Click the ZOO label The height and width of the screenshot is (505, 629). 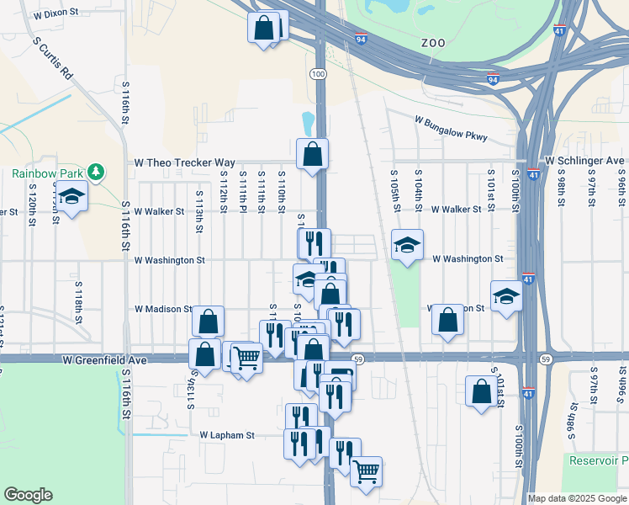(x=433, y=41)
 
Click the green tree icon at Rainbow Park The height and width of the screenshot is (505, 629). (x=97, y=172)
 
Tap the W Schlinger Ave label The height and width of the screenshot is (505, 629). (x=584, y=160)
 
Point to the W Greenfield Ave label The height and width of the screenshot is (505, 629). (x=104, y=359)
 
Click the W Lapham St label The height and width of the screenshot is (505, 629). (x=227, y=435)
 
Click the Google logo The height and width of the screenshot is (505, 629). (x=28, y=495)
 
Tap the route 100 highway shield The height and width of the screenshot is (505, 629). (x=317, y=75)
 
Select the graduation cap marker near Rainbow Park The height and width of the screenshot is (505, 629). (x=72, y=196)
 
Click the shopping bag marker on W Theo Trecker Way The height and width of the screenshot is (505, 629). (x=312, y=154)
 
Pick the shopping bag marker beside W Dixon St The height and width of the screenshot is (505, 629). (x=263, y=28)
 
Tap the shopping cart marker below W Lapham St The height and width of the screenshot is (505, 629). (x=366, y=471)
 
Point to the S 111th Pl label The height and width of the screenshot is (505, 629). (x=242, y=193)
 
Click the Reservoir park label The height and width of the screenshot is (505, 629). (x=598, y=460)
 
